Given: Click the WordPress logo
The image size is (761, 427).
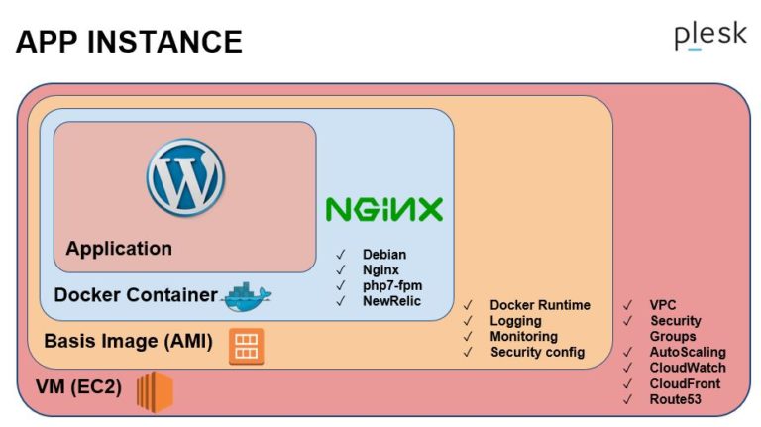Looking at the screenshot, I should (185, 177).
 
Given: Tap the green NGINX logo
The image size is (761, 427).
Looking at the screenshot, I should (384, 210).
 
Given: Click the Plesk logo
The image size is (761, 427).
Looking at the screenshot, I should (709, 37).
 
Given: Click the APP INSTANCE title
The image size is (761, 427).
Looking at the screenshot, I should (129, 42).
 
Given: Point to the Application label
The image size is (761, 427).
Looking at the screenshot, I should (119, 249).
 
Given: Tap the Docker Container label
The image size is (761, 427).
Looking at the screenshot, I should (135, 295).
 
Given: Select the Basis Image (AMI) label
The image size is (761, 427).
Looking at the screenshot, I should (128, 342).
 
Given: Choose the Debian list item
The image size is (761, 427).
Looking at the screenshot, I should (384, 255).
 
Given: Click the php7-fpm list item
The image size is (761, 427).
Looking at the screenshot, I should (390, 284).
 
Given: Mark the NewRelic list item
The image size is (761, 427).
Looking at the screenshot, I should (391, 300).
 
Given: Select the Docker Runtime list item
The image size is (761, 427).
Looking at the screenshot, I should (540, 305).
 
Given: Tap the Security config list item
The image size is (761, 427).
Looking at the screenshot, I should (537, 352).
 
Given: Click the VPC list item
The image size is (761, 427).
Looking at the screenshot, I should (663, 305).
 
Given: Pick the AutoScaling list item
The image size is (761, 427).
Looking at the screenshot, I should (688, 352).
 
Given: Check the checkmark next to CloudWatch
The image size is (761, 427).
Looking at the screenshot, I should (627, 368).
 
